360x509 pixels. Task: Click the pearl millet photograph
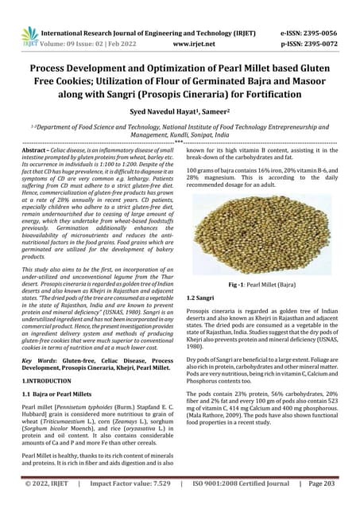pos(269,222)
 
